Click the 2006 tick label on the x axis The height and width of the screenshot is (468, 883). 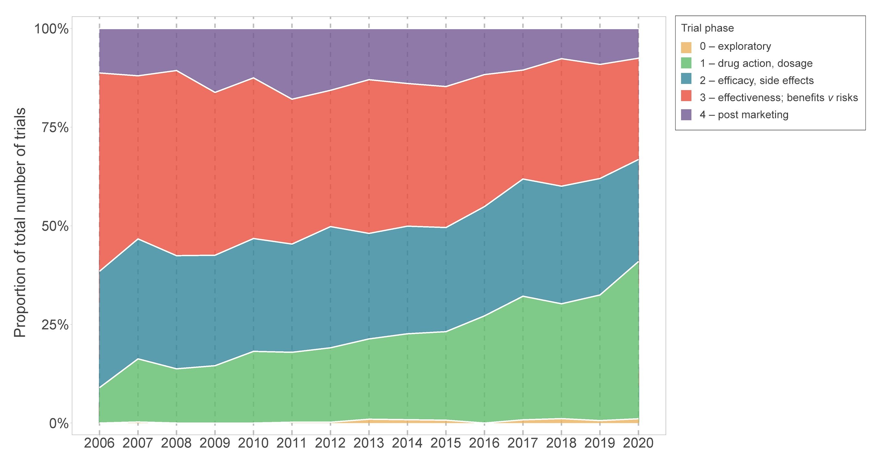point(99,443)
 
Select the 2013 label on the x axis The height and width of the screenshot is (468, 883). point(369,443)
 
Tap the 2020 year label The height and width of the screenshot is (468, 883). point(638,443)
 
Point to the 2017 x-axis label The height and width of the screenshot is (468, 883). point(523,443)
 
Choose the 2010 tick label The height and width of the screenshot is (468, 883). point(253,443)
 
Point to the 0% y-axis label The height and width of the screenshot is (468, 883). point(59,424)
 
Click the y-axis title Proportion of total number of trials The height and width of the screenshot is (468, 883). point(20,223)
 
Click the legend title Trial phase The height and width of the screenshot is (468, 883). point(707,28)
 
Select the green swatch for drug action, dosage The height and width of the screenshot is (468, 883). point(686,64)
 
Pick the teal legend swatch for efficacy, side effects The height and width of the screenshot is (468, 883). point(686,80)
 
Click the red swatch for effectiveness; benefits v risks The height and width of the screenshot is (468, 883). point(686,98)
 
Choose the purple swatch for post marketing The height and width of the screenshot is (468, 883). point(686,115)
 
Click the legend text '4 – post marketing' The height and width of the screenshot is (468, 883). point(744,115)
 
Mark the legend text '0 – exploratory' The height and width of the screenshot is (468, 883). point(736,46)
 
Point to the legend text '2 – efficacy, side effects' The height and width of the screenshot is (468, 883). point(757,80)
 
